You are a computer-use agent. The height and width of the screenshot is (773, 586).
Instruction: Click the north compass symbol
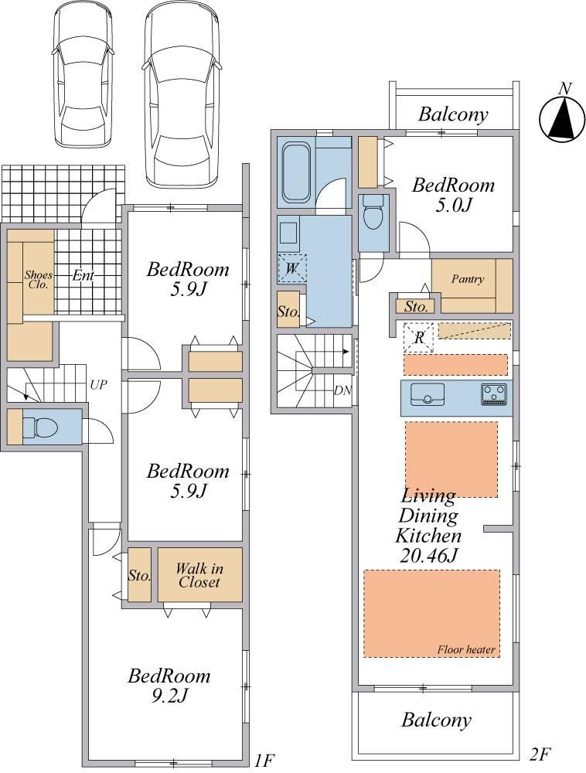pyautogui.click(x=562, y=118)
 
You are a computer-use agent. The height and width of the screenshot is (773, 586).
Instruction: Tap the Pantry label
pyautogui.click(x=467, y=279)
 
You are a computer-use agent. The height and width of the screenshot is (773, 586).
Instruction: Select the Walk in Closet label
pyautogui.click(x=199, y=575)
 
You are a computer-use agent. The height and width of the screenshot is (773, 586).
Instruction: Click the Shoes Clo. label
pyautogui.click(x=39, y=279)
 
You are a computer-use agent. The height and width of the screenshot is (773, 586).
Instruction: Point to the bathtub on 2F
pyautogui.click(x=294, y=172)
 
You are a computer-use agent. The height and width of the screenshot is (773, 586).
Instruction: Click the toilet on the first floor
pyautogui.click(x=41, y=427)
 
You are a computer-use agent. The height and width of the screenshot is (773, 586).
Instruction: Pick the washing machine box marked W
pyautogui.click(x=291, y=268)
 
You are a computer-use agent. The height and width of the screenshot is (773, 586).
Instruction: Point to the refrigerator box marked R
pyautogui.click(x=418, y=338)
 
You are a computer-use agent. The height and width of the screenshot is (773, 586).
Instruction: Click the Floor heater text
pyautogui.click(x=466, y=649)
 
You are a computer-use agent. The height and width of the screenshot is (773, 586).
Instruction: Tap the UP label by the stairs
pyautogui.click(x=99, y=384)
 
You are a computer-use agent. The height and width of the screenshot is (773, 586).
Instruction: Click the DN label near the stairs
pyautogui.click(x=342, y=391)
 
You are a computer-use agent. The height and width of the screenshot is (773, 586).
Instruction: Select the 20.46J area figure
pyautogui.click(x=429, y=556)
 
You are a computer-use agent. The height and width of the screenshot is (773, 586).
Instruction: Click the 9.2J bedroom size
pyautogui.click(x=169, y=696)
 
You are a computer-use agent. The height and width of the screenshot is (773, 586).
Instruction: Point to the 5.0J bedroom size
pyautogui.click(x=454, y=205)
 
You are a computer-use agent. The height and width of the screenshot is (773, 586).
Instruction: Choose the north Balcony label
pyautogui.click(x=454, y=114)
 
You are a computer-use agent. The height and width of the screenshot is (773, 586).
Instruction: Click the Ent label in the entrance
pyautogui.click(x=83, y=275)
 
